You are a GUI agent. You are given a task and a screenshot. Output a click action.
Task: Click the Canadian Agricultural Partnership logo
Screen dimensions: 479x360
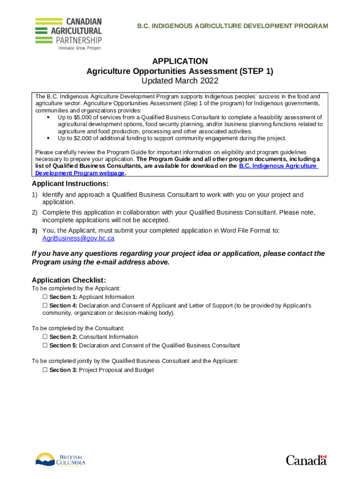click(68, 33)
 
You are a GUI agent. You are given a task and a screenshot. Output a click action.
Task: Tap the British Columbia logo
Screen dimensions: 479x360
click(60, 459)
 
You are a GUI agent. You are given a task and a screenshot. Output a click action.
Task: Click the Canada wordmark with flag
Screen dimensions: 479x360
click(306, 460)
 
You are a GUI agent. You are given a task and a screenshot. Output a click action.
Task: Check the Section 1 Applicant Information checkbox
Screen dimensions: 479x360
click(45, 297)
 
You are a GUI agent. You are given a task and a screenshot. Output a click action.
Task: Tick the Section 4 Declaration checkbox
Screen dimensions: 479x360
click(45, 305)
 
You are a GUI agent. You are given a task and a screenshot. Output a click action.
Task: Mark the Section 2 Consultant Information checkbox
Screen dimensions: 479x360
click(45, 337)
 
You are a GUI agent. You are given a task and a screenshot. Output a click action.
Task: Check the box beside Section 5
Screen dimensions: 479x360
click(45, 346)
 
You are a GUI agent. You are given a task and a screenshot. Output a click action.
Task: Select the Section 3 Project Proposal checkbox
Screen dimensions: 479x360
click(45, 370)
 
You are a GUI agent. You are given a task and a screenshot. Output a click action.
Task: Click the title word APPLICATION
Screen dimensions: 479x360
click(180, 61)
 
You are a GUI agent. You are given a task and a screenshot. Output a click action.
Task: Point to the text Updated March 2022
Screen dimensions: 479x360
click(180, 81)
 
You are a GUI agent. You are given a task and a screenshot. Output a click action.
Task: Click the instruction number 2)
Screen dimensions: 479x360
click(35, 212)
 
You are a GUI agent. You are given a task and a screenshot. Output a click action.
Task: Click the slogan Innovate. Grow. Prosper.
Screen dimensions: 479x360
click(79, 48)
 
